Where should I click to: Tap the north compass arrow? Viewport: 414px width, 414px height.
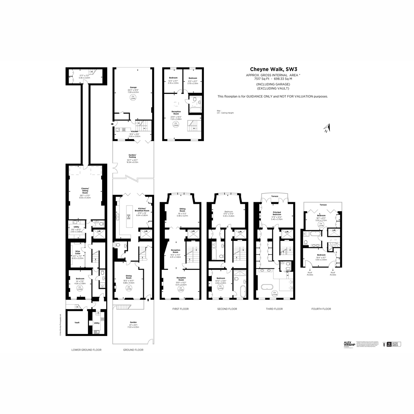326,128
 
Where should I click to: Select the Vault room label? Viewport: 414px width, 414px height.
77,323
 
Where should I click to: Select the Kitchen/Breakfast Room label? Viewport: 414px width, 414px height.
142,210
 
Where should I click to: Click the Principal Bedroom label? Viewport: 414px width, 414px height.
276,213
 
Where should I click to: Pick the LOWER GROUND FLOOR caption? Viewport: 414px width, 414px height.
86,349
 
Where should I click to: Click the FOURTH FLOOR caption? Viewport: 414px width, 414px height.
321,309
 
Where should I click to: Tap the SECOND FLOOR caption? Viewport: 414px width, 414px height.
227,309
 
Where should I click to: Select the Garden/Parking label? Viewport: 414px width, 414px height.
132,156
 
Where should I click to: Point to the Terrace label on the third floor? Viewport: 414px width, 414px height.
275,196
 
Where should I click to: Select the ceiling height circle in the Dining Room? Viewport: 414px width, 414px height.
128,288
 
